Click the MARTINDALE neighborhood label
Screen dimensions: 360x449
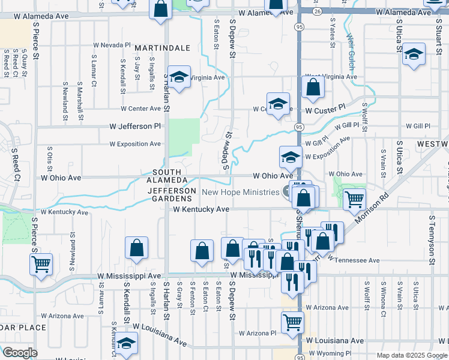pos(162,47)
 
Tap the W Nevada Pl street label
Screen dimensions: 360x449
pos(112,45)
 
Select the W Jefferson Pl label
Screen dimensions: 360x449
pos(136,127)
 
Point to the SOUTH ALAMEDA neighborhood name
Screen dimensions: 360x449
pos(163,177)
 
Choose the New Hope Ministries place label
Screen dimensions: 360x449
pos(241,192)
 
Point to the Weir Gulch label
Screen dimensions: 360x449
pos(351,48)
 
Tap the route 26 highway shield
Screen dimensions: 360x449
pos(317,11)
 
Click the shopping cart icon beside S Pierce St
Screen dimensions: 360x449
pos(41,263)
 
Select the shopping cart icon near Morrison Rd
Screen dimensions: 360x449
pos(355,198)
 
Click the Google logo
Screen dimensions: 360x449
pos(20,353)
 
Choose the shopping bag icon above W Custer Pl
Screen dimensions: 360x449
pos(313,88)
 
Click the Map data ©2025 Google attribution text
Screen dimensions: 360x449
pos(411,355)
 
